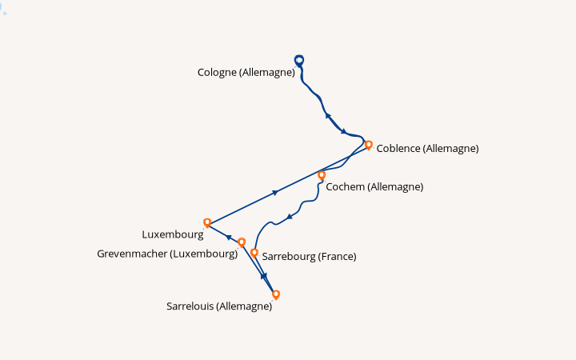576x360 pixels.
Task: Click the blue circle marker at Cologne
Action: (x=299, y=60)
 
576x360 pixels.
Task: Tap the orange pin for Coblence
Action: (x=369, y=145)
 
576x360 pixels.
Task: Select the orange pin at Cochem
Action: (x=322, y=175)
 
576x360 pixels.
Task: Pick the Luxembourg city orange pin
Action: (x=207, y=222)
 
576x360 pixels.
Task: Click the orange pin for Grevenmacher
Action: (x=242, y=242)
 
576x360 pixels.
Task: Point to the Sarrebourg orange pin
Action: (x=254, y=253)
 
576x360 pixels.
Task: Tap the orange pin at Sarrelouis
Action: (x=276, y=294)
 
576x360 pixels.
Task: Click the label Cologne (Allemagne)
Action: (x=246, y=72)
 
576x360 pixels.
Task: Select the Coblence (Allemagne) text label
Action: (x=427, y=149)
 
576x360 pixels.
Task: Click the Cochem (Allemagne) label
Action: (x=374, y=186)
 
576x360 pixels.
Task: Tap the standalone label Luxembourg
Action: (x=173, y=234)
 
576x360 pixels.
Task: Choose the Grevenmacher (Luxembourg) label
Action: (x=167, y=254)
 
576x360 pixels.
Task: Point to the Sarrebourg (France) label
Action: (x=309, y=257)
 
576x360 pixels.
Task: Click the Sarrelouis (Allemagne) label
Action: (x=219, y=306)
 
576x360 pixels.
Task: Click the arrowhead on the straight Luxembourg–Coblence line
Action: (x=275, y=193)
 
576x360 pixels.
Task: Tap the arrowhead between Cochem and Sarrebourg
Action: (x=290, y=217)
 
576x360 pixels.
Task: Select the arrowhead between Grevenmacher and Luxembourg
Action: (x=229, y=238)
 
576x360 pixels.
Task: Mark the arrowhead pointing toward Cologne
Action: (x=328, y=116)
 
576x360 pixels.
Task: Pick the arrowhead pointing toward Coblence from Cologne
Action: (x=344, y=131)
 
